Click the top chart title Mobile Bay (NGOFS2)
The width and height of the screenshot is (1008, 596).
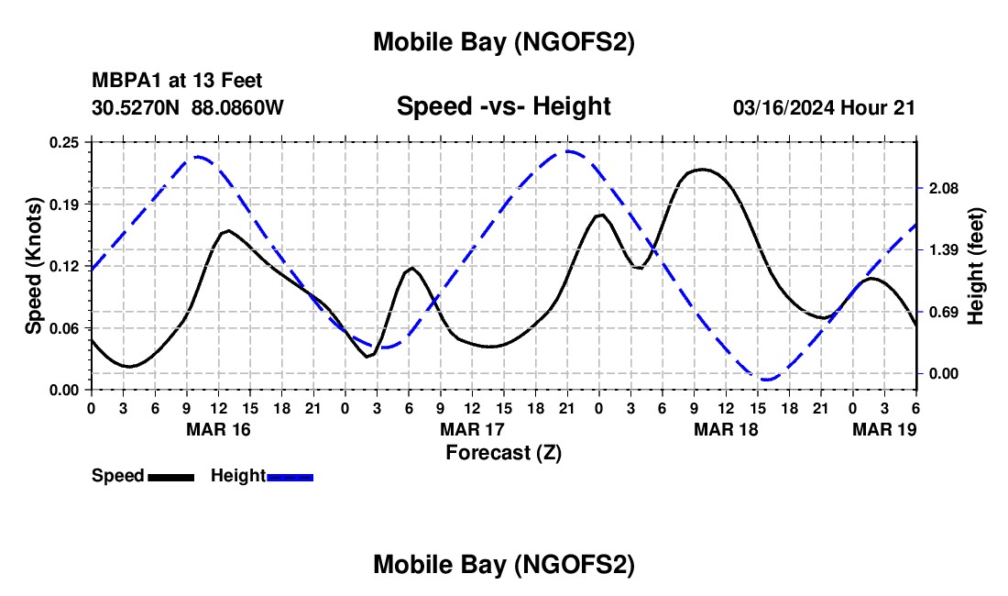[503, 42]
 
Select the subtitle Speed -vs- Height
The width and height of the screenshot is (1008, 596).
[503, 106]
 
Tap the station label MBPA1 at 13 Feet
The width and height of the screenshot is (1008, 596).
[177, 82]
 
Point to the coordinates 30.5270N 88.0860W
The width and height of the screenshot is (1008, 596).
[188, 107]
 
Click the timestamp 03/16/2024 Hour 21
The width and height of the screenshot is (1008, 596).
[824, 108]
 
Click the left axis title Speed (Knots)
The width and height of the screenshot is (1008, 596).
[34, 266]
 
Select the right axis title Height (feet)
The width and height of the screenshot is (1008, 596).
[975, 266]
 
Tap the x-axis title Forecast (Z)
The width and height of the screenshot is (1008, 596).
[503, 452]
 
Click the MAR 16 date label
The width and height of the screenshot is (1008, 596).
[219, 429]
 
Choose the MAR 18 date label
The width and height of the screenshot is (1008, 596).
[727, 429]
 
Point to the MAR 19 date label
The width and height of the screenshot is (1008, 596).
[884, 429]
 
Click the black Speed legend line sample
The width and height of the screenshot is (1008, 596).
[170, 477]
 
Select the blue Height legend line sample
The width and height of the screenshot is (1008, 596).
[290, 477]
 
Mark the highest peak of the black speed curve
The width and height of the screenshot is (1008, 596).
[702, 169]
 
